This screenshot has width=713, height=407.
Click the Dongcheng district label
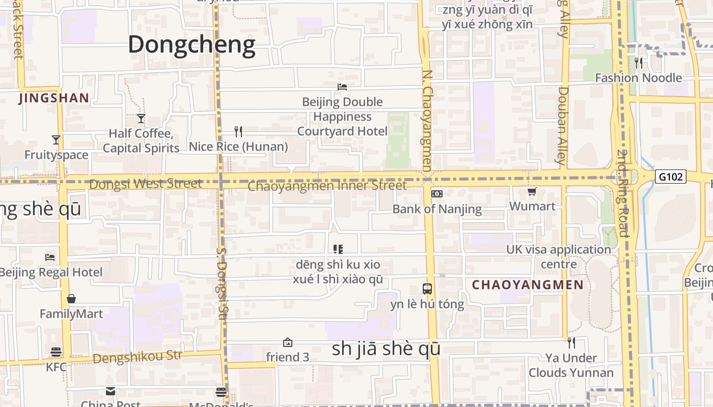(x=191, y=45)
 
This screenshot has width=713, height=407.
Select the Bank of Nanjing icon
(x=437, y=194)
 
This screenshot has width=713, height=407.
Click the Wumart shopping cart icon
(x=532, y=192)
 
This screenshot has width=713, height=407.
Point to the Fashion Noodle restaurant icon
(x=639, y=63)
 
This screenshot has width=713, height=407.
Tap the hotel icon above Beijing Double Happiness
(x=342, y=87)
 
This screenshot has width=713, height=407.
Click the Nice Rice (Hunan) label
(x=238, y=147)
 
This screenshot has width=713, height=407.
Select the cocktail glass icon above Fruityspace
(x=56, y=140)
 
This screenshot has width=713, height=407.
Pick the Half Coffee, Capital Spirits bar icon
(x=141, y=119)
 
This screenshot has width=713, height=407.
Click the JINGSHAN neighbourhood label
(x=54, y=98)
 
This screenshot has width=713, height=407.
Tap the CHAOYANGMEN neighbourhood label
(x=528, y=285)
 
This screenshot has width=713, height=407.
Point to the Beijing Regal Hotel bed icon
(x=50, y=257)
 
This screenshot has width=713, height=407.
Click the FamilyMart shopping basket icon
(x=71, y=299)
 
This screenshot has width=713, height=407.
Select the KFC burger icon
(x=56, y=352)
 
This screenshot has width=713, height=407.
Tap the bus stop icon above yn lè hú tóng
(x=427, y=289)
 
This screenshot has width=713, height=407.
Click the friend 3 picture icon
(x=288, y=342)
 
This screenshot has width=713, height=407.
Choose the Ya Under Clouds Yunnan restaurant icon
(x=571, y=343)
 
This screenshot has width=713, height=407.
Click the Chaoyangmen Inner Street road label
(x=327, y=186)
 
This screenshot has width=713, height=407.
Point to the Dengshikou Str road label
(x=138, y=357)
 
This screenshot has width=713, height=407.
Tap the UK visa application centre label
(x=559, y=257)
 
